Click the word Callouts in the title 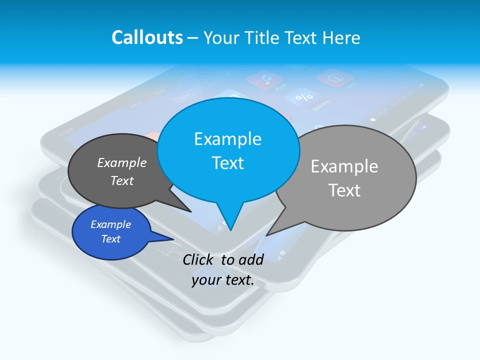pos(147,37)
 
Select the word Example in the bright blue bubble pos(227,139)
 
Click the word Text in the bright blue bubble pos(227,163)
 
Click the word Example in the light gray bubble pos(344,166)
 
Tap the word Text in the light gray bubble pos(344,190)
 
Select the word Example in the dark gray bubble pos(121,162)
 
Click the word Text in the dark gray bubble pos(121,180)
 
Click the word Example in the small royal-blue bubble pos(110,224)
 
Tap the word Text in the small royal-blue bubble pos(110,239)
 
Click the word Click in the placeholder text pos(199,259)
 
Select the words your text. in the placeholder pos(222,280)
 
